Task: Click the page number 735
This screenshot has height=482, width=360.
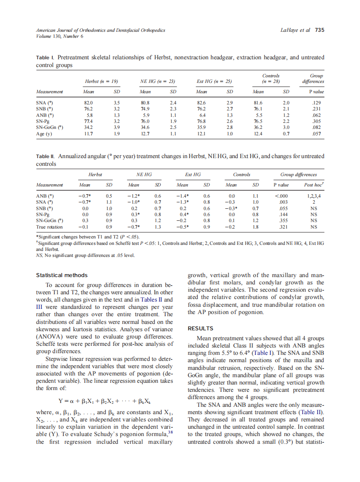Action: pyautogui.click(x=320, y=30)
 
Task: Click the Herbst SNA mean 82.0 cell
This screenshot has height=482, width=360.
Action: pyautogui.click(x=89, y=103)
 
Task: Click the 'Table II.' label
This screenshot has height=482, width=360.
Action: pyautogui.click(x=46, y=156)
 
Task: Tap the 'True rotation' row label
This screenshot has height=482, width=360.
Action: pyautogui.click(x=49, y=227)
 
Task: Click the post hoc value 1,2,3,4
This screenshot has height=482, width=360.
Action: pyautogui.click(x=314, y=196)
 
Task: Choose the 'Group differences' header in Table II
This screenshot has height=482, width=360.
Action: pyautogui.click(x=298, y=174)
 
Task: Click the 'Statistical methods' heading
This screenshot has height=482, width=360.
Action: pyautogui.click(x=62, y=275)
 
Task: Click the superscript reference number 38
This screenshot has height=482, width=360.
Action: pyautogui.click(x=170, y=432)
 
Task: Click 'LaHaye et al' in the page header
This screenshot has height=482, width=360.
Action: pyautogui.click(x=295, y=30)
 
